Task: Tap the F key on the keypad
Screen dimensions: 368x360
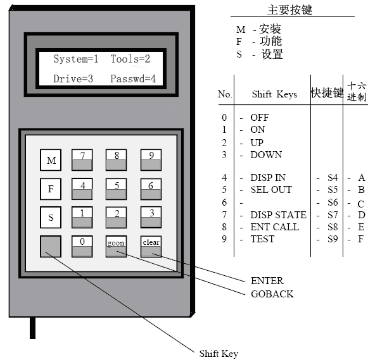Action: pyautogui.click(x=51, y=189)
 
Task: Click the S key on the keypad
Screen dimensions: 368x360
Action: pyautogui.click(x=51, y=217)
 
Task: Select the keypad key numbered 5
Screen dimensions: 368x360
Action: pyautogui.click(x=116, y=189)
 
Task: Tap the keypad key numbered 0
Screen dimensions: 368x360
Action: pyautogui.click(x=82, y=246)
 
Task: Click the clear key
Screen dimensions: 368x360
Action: pyautogui.click(x=151, y=246)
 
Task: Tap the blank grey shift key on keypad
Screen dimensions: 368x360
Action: pyautogui.click(x=51, y=246)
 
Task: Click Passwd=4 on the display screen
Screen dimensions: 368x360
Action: pyautogui.click(x=133, y=78)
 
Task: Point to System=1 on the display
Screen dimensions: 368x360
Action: pyautogui.click(x=76, y=59)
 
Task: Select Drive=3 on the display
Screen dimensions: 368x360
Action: pyautogui.click(x=73, y=78)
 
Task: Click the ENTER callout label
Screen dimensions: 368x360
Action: pyautogui.click(x=267, y=280)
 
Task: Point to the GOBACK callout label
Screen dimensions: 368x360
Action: pyautogui.click(x=272, y=294)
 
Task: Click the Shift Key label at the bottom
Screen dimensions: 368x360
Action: pyautogui.click(x=219, y=354)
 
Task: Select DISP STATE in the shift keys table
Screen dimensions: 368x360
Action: pyautogui.click(x=278, y=214)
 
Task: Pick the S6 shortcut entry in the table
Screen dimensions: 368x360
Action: pyautogui.click(x=333, y=202)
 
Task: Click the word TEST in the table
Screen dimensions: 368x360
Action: pyautogui.click(x=262, y=239)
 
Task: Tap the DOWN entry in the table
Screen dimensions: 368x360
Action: pyautogui.click(x=266, y=154)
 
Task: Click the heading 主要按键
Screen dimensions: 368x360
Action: pyautogui.click(x=290, y=10)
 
